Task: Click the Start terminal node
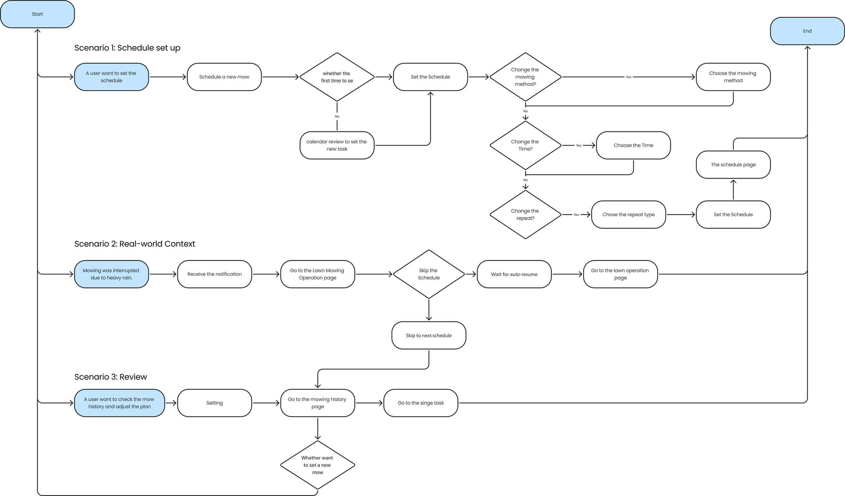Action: tap(37, 14)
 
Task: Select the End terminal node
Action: tap(807, 31)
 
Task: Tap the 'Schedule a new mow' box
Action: tap(224, 77)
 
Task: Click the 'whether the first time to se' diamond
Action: tap(337, 77)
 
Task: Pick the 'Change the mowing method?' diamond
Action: tap(525, 77)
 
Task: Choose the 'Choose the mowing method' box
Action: tap(733, 77)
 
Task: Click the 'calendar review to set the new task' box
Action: tap(337, 145)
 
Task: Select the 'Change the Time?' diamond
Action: tap(525, 145)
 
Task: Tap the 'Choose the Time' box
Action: tap(633, 145)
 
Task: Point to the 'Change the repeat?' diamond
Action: tap(525, 215)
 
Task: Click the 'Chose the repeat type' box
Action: tap(628, 215)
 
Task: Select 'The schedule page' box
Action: tap(733, 165)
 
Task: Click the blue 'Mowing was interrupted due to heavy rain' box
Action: tap(111, 274)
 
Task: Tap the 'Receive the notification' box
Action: tap(214, 274)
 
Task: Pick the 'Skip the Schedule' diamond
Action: tap(429, 274)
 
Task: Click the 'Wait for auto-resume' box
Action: tap(514, 274)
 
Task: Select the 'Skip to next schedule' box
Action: tap(429, 336)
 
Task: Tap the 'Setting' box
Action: tap(214, 403)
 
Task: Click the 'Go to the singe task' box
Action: tap(420, 403)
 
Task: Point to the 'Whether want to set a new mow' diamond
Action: tap(317, 465)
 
